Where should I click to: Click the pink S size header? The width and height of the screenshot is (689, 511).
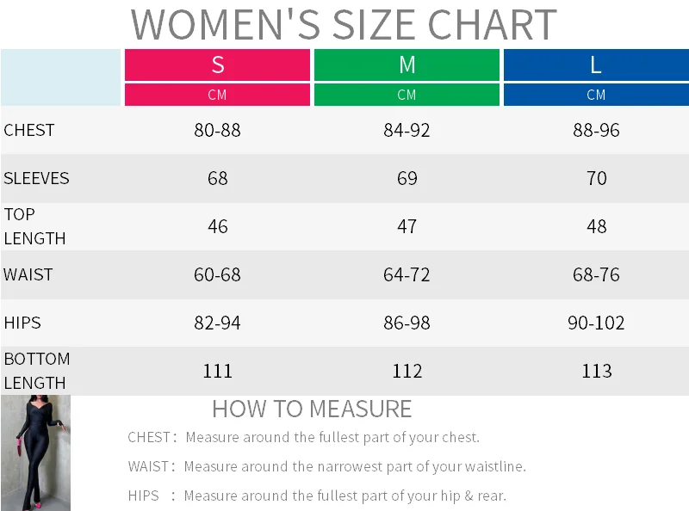click(x=218, y=65)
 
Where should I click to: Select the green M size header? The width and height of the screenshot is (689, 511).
click(x=407, y=65)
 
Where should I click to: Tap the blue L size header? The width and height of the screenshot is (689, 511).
click(x=596, y=65)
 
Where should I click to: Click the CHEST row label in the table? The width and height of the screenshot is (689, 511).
click(x=29, y=130)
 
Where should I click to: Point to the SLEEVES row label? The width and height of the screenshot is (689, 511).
click(x=36, y=178)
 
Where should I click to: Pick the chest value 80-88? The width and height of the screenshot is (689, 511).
click(x=218, y=130)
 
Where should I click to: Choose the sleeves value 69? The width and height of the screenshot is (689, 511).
click(x=407, y=178)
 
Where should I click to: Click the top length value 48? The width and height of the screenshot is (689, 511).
click(x=596, y=226)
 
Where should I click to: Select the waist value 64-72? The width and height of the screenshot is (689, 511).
click(x=407, y=274)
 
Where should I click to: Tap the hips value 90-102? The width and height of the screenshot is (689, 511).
click(x=596, y=323)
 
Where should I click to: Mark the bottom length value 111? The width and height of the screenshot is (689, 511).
click(x=218, y=371)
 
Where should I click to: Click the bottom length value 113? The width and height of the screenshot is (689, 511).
click(x=596, y=371)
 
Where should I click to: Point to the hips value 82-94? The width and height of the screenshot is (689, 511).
click(x=218, y=323)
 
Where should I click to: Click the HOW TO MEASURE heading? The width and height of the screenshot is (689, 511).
click(x=312, y=409)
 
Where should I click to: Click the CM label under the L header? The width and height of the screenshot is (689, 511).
click(x=596, y=95)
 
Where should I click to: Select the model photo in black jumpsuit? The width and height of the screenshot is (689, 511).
click(x=35, y=453)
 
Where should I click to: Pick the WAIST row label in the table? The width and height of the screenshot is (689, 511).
click(x=28, y=274)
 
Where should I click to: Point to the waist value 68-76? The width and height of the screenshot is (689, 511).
click(x=596, y=274)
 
